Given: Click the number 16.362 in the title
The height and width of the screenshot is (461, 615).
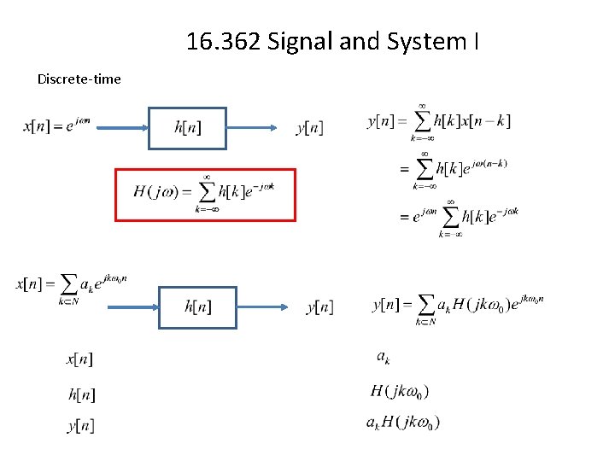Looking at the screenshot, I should coord(224,41).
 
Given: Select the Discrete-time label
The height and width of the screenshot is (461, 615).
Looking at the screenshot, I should coord(79,79).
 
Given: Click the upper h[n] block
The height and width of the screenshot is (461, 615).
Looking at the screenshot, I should coord(187,128).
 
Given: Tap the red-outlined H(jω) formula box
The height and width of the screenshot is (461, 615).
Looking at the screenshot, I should coord(205,195).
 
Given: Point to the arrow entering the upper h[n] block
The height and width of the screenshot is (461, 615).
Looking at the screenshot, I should coord(119,128).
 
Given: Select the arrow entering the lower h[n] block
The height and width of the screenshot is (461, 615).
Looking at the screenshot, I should coord(132,306).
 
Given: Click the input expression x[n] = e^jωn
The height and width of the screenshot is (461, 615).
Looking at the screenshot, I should coord(56,126).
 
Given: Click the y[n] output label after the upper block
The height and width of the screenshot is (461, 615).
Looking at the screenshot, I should coord(309,128).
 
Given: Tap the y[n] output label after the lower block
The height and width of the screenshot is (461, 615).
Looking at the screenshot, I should coord(320,306).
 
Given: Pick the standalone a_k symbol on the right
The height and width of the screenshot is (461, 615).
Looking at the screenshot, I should coord(383,357).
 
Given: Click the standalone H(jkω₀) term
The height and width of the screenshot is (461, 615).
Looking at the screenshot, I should coord(400,392).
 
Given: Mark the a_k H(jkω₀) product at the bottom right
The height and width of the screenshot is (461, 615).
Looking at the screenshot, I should coord(403,423).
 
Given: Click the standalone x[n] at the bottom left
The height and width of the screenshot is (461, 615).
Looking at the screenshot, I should coord(79,359).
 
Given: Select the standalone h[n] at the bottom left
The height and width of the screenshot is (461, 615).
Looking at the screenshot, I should coord(81,394).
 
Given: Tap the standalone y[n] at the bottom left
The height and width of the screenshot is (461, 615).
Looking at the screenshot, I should coord(80,425).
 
